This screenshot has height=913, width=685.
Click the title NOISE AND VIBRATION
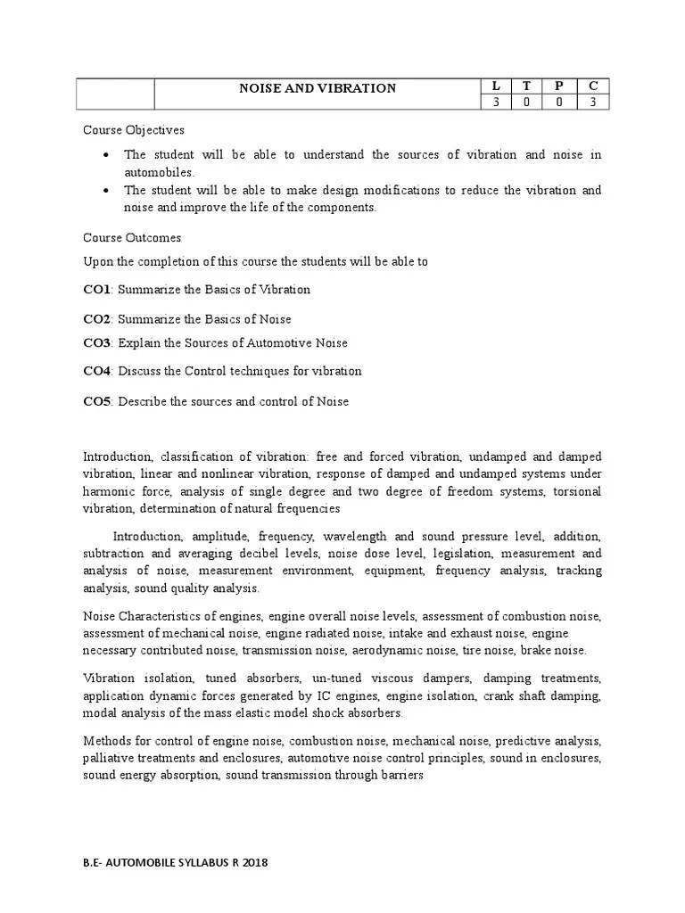317,88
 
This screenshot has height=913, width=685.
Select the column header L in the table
496,86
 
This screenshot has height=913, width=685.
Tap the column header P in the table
559,86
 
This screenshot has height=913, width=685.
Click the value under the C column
592,103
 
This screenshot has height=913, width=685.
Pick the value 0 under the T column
527,103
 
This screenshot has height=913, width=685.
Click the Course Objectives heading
134,130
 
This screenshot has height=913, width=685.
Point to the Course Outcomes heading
132,238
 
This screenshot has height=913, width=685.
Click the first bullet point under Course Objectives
107,155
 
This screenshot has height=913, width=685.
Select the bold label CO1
96,290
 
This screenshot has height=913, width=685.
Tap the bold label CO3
96,343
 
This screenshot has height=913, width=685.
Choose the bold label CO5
96,402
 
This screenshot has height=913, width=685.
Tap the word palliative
111,759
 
